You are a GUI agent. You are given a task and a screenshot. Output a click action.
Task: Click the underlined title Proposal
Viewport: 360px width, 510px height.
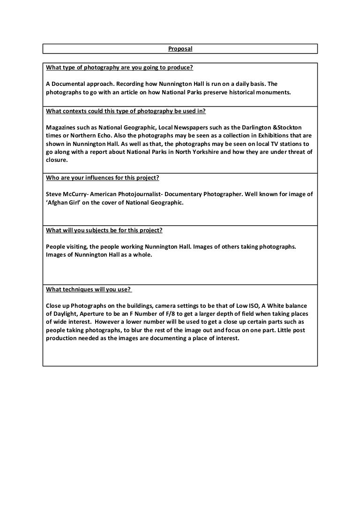point(180,49)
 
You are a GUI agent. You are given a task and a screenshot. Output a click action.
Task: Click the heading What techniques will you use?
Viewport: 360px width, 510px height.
point(89,289)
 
